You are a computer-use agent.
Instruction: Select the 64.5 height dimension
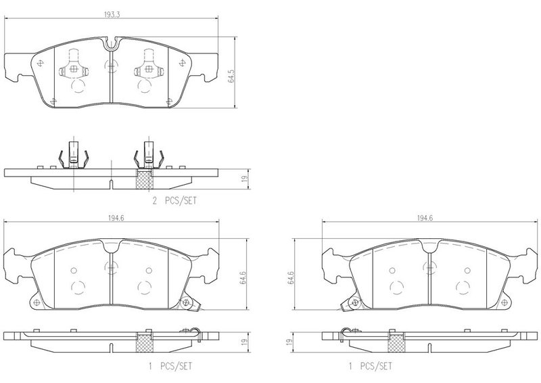[x=231, y=76]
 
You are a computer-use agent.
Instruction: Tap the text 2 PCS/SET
[x=174, y=200]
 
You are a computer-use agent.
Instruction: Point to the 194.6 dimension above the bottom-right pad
[x=425, y=218]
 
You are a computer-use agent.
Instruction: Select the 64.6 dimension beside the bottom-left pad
[x=243, y=277]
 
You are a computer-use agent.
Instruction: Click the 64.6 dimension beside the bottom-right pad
[x=291, y=277]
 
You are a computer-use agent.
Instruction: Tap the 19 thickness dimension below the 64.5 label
[x=245, y=179]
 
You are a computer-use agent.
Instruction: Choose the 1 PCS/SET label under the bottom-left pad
[x=170, y=366]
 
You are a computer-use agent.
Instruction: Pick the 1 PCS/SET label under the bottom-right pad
[x=371, y=366]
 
